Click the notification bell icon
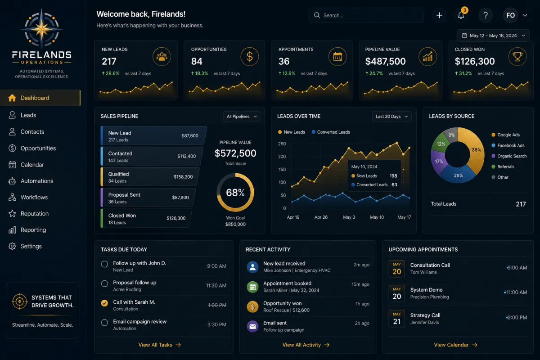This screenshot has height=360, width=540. pos(461,15)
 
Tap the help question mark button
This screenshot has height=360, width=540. pos(486,15)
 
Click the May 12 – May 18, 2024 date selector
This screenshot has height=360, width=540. pos(493,36)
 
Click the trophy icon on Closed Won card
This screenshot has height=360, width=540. pos(517,57)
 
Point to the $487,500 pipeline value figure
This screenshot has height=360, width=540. pos(385,61)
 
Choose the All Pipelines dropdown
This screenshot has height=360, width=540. pos(242,117)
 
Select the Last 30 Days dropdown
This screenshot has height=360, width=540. pos(392,117)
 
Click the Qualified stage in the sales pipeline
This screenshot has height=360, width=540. pos(150,177)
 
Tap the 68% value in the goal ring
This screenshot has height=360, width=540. pos(235,193)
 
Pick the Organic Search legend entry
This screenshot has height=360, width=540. pos(509,156)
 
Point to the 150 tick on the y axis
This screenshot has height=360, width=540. pos(282,170)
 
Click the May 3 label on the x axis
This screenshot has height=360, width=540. pos(349,217)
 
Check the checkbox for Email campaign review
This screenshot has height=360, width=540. pos(104,322)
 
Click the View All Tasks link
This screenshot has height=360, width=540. pos(160,345)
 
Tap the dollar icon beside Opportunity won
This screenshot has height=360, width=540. pos(252,307)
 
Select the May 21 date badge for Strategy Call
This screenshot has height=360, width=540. pos(397,319)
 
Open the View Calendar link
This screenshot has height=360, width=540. pos(455,345)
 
